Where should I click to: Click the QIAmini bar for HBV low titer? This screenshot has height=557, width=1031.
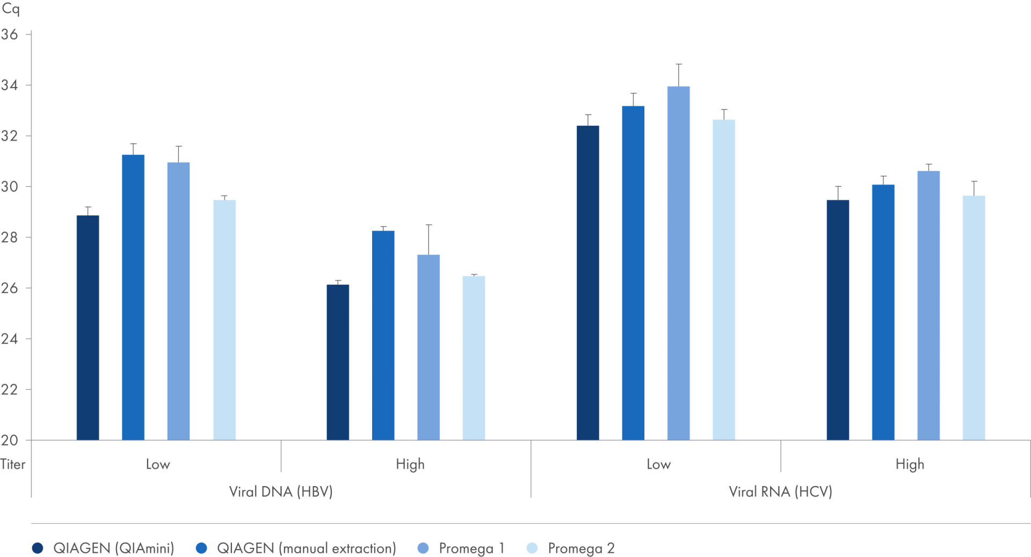point(88,328)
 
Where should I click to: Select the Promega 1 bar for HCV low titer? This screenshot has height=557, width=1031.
point(678,263)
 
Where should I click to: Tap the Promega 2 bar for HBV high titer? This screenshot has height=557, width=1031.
point(474,358)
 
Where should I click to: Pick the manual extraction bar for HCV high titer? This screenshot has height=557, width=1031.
point(883,313)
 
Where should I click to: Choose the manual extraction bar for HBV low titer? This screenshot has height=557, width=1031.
point(133,298)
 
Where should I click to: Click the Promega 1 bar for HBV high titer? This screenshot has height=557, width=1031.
point(429,348)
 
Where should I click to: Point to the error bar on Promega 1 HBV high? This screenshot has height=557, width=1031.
point(429,240)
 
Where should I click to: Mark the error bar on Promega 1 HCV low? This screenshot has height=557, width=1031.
point(679,75)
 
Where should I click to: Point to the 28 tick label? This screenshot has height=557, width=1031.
point(9,237)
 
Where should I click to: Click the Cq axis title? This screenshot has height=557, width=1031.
point(11,9)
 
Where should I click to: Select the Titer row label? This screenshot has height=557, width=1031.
point(13,464)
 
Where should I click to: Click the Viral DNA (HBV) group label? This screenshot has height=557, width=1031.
point(281,491)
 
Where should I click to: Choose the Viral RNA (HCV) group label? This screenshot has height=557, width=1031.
point(780,491)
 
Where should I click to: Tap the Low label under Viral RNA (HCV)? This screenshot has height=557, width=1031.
point(658,464)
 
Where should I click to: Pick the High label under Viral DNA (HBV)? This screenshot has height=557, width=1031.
point(410,464)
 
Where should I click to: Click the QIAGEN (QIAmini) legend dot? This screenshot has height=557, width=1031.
point(38,548)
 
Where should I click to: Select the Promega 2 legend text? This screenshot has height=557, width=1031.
point(581,548)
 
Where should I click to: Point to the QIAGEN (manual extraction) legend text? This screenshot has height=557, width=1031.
point(307,548)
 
